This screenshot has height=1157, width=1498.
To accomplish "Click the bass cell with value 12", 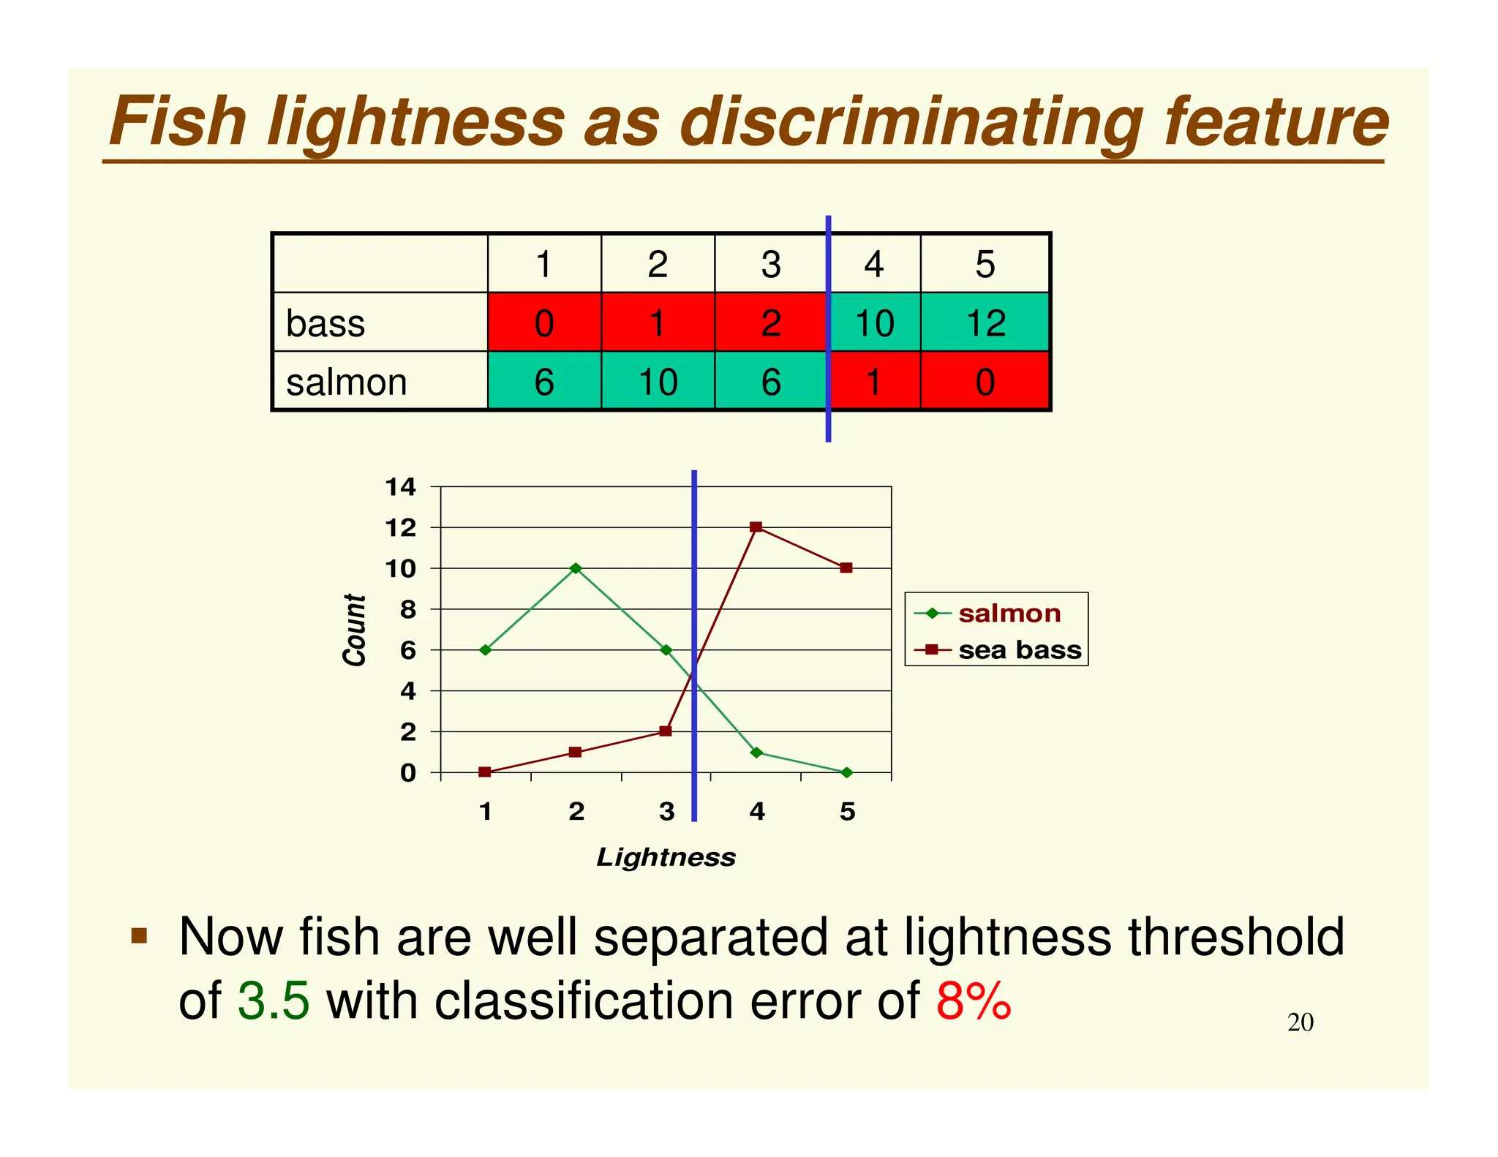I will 985,323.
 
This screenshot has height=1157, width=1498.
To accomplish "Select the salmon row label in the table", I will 346,382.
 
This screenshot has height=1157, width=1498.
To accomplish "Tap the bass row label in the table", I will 325,323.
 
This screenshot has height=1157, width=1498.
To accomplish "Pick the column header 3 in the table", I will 771,264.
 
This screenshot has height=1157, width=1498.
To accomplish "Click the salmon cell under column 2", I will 658,382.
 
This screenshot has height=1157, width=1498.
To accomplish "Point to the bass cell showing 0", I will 544,323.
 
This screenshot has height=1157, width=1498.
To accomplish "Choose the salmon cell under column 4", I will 873,382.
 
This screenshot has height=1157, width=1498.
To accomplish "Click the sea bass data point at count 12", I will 756,527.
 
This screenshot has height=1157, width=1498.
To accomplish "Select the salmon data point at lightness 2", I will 576,568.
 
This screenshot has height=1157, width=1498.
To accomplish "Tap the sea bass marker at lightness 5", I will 846,568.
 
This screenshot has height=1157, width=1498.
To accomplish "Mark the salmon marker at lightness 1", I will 485,649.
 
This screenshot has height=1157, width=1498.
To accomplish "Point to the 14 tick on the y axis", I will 401,487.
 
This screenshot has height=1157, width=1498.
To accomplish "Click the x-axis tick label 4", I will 757,812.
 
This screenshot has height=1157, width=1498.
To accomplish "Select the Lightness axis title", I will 666,857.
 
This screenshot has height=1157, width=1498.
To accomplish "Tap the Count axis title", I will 355,630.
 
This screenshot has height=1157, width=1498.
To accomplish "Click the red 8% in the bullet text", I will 974,1000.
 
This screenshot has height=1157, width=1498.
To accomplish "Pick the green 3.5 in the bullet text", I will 274,1000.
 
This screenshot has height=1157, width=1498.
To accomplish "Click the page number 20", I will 1300,1022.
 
